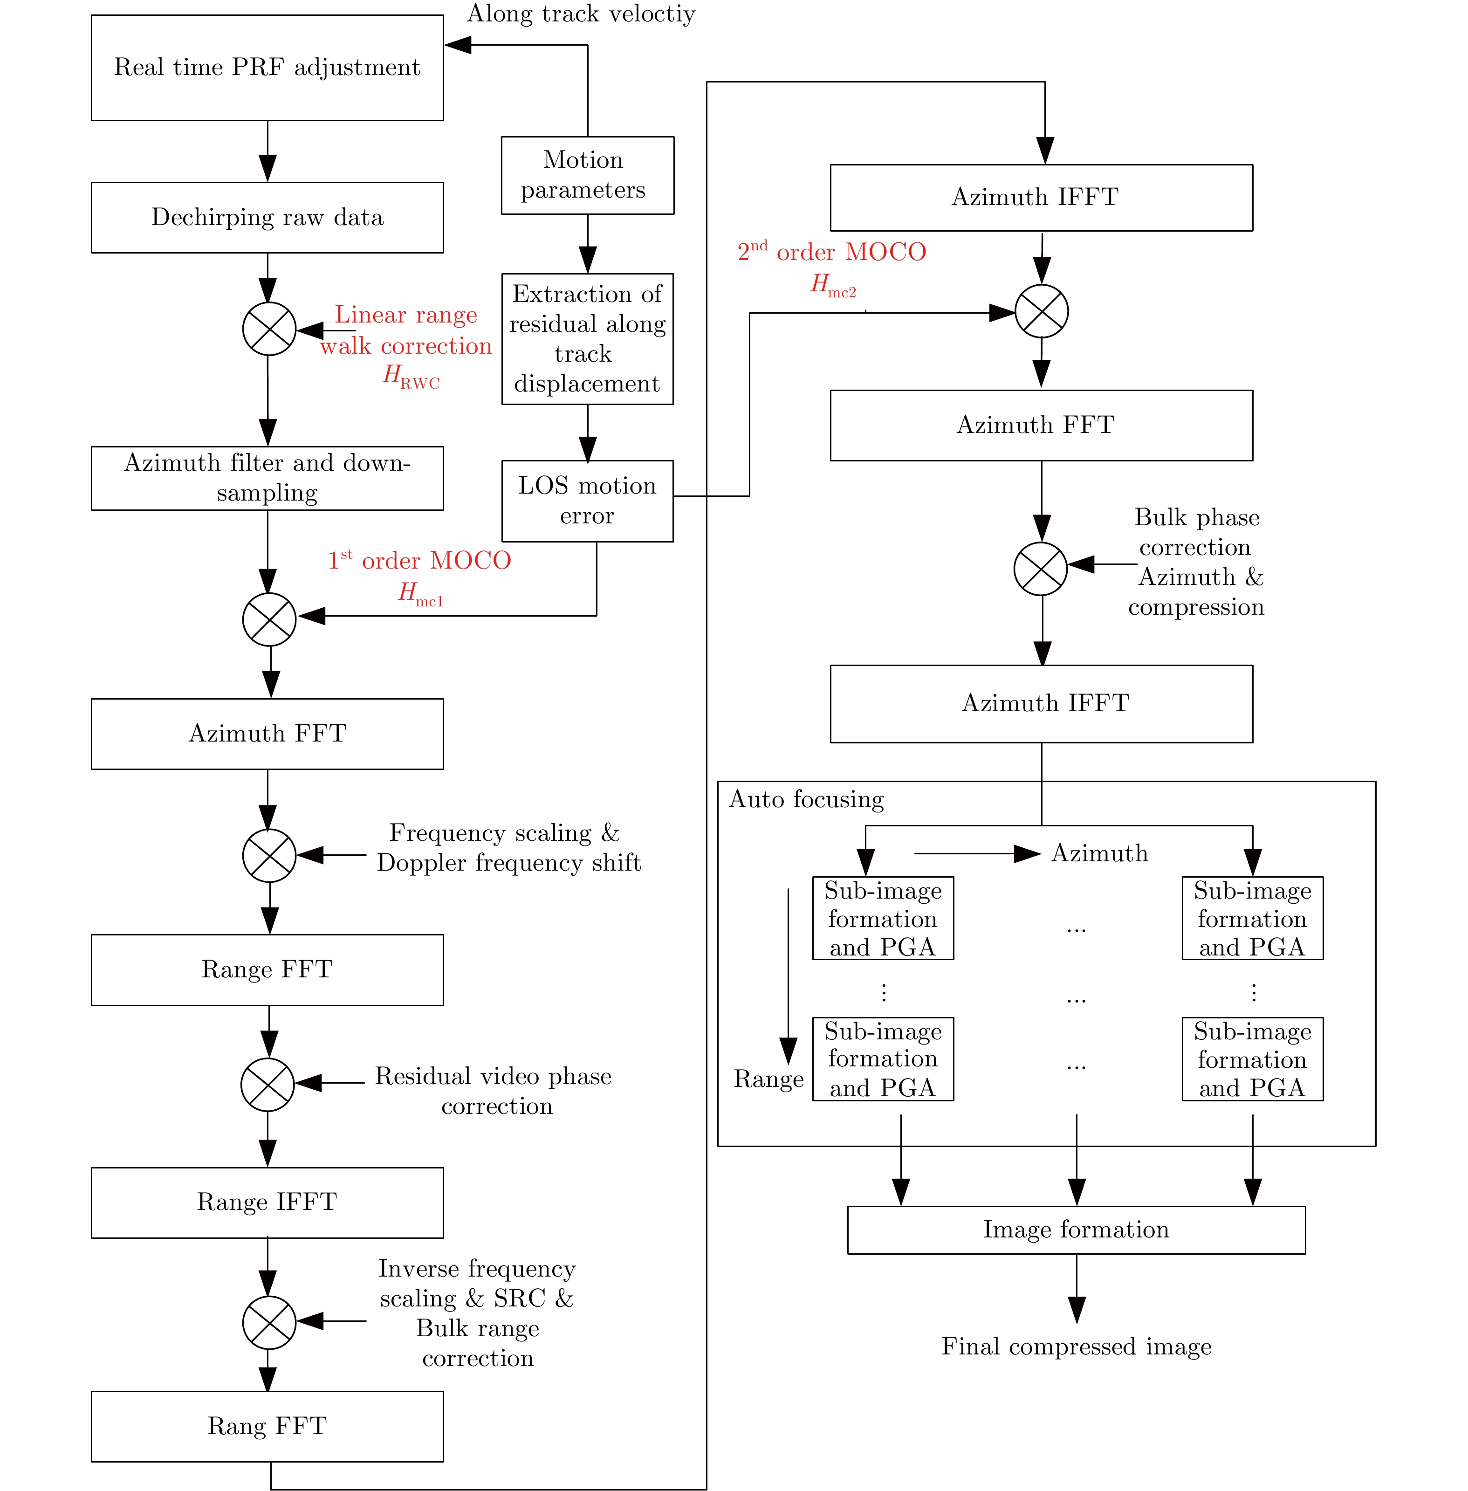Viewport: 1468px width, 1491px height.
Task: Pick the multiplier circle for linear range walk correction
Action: pyautogui.click(x=269, y=329)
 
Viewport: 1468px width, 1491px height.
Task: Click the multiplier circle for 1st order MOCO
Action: pyautogui.click(x=269, y=619)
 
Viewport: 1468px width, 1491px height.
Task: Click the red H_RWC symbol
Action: pyautogui.click(x=411, y=376)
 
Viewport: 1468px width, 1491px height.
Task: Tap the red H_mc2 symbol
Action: pyautogui.click(x=833, y=285)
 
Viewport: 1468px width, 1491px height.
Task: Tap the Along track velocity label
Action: pyautogui.click(x=581, y=14)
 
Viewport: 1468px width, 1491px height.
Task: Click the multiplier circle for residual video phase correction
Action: pyautogui.click(x=268, y=1084)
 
